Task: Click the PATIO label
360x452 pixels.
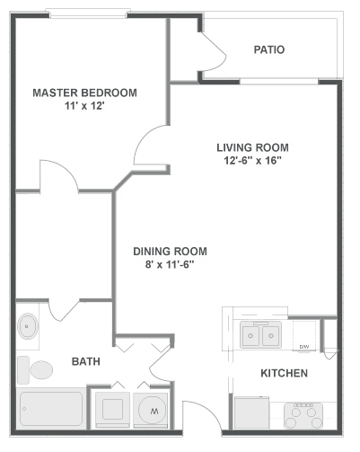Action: [269, 49]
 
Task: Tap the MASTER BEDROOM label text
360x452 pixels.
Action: [84, 93]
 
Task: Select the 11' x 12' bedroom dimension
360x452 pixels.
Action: [84, 106]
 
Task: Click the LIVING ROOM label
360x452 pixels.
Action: [252, 147]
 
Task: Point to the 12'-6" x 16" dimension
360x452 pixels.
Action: [253, 161]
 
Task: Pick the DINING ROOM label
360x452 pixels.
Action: [170, 252]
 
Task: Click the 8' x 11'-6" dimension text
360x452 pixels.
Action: [170, 265]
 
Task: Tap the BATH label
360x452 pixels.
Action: [86, 361]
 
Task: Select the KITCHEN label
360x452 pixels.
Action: [284, 373]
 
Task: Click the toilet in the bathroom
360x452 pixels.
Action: [35, 370]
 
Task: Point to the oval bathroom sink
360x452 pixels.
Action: [28, 326]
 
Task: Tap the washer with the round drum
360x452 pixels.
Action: [151, 410]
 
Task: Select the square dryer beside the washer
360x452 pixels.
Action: [112, 410]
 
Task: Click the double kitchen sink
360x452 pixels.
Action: [261, 335]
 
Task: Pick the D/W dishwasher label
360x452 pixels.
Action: [304, 347]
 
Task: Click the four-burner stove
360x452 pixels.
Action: [303, 415]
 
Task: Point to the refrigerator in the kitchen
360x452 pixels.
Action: [251, 412]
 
